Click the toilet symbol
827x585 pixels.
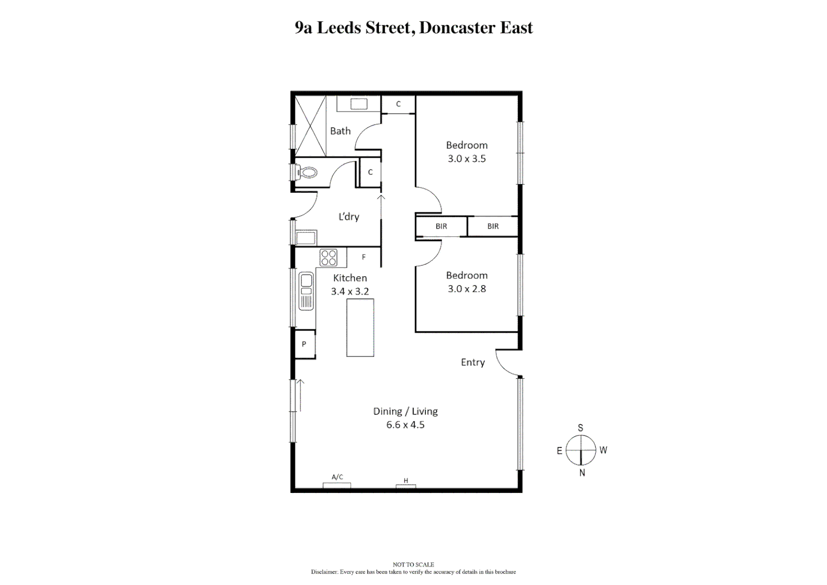pyautogui.click(x=307, y=173)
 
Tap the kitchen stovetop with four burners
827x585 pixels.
pyautogui.click(x=329, y=257)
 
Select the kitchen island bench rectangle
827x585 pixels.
pyautogui.click(x=360, y=327)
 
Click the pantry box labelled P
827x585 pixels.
pyautogui.click(x=304, y=344)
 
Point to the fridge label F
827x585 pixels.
pyautogui.click(x=364, y=257)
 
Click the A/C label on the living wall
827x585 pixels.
pyautogui.click(x=337, y=477)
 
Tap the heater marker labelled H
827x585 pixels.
pyautogui.click(x=406, y=481)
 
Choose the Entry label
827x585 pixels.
pyautogui.click(x=472, y=362)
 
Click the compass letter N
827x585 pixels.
pyautogui.click(x=582, y=473)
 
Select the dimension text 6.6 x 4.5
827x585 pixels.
pyautogui.click(x=405, y=425)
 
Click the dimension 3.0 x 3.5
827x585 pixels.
pyautogui.click(x=467, y=159)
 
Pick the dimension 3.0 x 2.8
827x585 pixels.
pyautogui.click(x=467, y=289)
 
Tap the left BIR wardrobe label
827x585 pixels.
pyautogui.click(x=441, y=226)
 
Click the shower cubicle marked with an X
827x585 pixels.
pyautogui.click(x=310, y=123)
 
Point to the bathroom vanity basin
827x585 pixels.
pyautogui.click(x=358, y=104)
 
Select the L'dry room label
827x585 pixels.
pyautogui.click(x=349, y=217)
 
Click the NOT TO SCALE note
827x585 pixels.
pyautogui.click(x=413, y=564)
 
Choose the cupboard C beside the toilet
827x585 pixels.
pyautogui.click(x=370, y=172)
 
